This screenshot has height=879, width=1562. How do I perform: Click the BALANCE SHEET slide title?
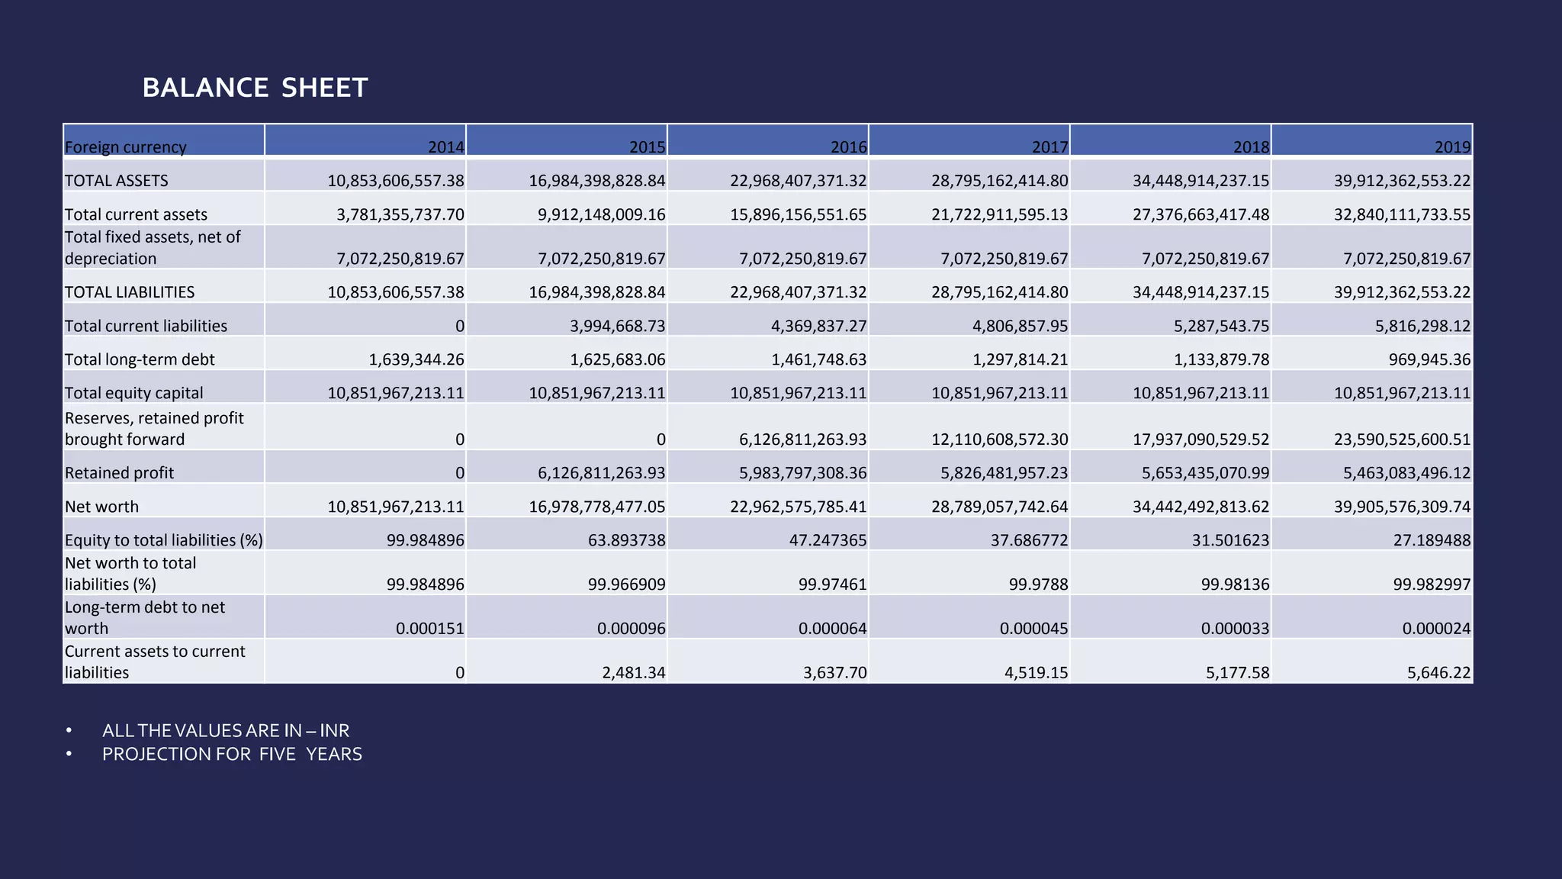255,88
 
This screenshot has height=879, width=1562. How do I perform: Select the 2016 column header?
848,147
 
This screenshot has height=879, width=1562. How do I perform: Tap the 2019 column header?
1452,147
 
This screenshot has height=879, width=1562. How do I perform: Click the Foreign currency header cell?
125,147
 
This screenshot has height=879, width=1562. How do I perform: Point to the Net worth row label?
101,507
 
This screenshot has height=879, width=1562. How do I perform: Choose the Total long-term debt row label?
140,359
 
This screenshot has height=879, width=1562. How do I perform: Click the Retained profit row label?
119,473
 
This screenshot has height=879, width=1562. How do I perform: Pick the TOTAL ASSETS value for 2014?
396,181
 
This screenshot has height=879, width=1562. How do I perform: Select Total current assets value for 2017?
1000,214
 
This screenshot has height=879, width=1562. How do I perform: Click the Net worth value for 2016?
799,507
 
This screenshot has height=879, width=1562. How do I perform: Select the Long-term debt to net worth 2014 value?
430,629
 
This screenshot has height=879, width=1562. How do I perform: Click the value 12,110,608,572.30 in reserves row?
1000,439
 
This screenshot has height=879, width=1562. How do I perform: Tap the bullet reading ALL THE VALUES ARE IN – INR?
226,731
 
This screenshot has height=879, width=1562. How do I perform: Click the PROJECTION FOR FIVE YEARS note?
232,755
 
